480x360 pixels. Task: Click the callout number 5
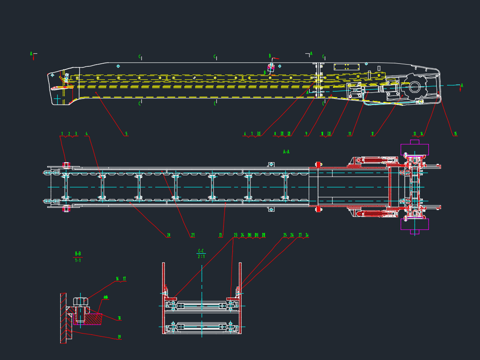127,134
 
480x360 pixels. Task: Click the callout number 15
455,134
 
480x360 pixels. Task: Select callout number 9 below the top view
306,134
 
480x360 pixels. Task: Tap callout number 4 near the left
87,134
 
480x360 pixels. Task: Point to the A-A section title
286,152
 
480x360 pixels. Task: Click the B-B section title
78,254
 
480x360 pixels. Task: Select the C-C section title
201,251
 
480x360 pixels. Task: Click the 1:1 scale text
78,261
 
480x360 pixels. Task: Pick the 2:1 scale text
201,257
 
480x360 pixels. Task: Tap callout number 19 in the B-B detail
119,337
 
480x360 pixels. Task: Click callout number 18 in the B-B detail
119,318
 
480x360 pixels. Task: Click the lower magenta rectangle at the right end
414,224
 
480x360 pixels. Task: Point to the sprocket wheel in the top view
414,86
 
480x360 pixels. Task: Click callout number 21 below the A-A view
193,235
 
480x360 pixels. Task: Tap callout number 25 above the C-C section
285,235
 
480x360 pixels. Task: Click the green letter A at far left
31,54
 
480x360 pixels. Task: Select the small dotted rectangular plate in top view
347,67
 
